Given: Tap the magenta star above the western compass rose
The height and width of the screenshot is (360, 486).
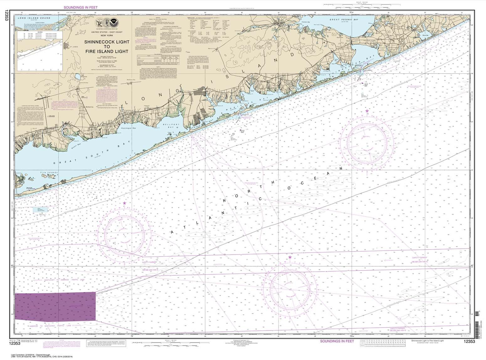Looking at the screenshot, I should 125,203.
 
